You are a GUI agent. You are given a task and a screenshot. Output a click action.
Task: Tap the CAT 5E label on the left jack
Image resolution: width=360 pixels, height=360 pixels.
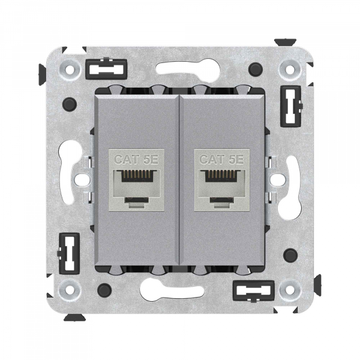point(136,160)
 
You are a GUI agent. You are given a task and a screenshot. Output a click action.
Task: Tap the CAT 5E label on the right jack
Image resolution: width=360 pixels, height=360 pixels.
point(222,160)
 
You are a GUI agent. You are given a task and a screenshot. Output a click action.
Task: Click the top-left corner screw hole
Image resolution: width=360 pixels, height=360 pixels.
point(70,68)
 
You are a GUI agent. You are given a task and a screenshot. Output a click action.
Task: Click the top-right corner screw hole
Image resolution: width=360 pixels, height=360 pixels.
point(290,68)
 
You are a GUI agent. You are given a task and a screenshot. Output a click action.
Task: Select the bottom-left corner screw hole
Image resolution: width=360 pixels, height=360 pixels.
point(70,289)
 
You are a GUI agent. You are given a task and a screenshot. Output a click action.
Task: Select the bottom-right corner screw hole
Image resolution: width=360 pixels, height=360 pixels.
point(290,289)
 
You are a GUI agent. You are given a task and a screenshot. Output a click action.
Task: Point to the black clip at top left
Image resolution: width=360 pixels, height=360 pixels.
point(106,69)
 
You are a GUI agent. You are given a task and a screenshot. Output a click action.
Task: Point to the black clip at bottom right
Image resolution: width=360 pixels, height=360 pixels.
point(254,290)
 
